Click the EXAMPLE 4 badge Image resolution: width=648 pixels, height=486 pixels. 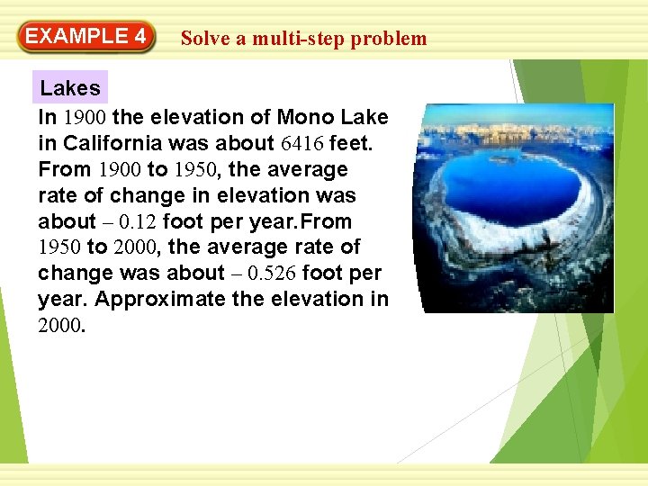pyautogui.click(x=85, y=37)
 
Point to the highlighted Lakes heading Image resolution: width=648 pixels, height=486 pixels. pyautogui.click(x=70, y=88)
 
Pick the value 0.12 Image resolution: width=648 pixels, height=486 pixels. pyautogui.click(x=141, y=221)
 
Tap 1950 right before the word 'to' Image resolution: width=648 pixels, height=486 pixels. pyautogui.click(x=59, y=247)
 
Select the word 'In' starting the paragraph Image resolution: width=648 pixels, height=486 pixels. pyautogui.click(x=48, y=117)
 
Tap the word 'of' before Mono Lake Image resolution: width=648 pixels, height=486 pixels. pyautogui.click(x=259, y=117)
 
